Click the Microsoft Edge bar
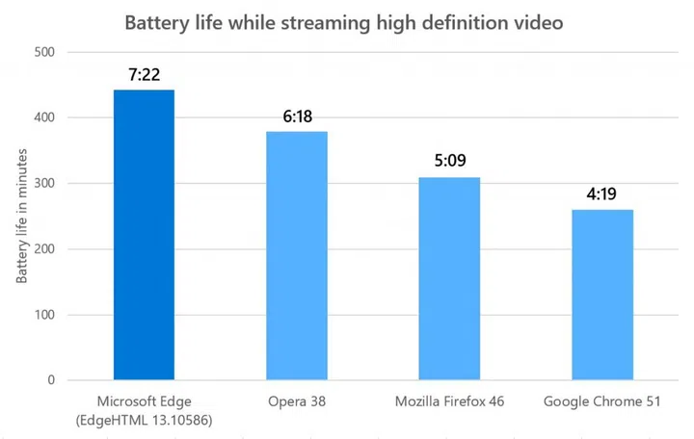[144, 235]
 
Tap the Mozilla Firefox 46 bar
[449, 278]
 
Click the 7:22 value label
[144, 74]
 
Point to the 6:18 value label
[297, 116]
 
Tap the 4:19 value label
[602, 194]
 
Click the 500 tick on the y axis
[43, 52]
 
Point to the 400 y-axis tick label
[43, 117]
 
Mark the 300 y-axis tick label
[43, 184]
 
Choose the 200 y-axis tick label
[43, 249]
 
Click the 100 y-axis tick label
[43, 315]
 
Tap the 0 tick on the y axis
[50, 380]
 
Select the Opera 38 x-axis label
[297, 400]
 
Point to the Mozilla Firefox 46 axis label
[449, 400]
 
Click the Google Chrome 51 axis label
[602, 400]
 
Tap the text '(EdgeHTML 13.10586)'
[144, 420]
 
